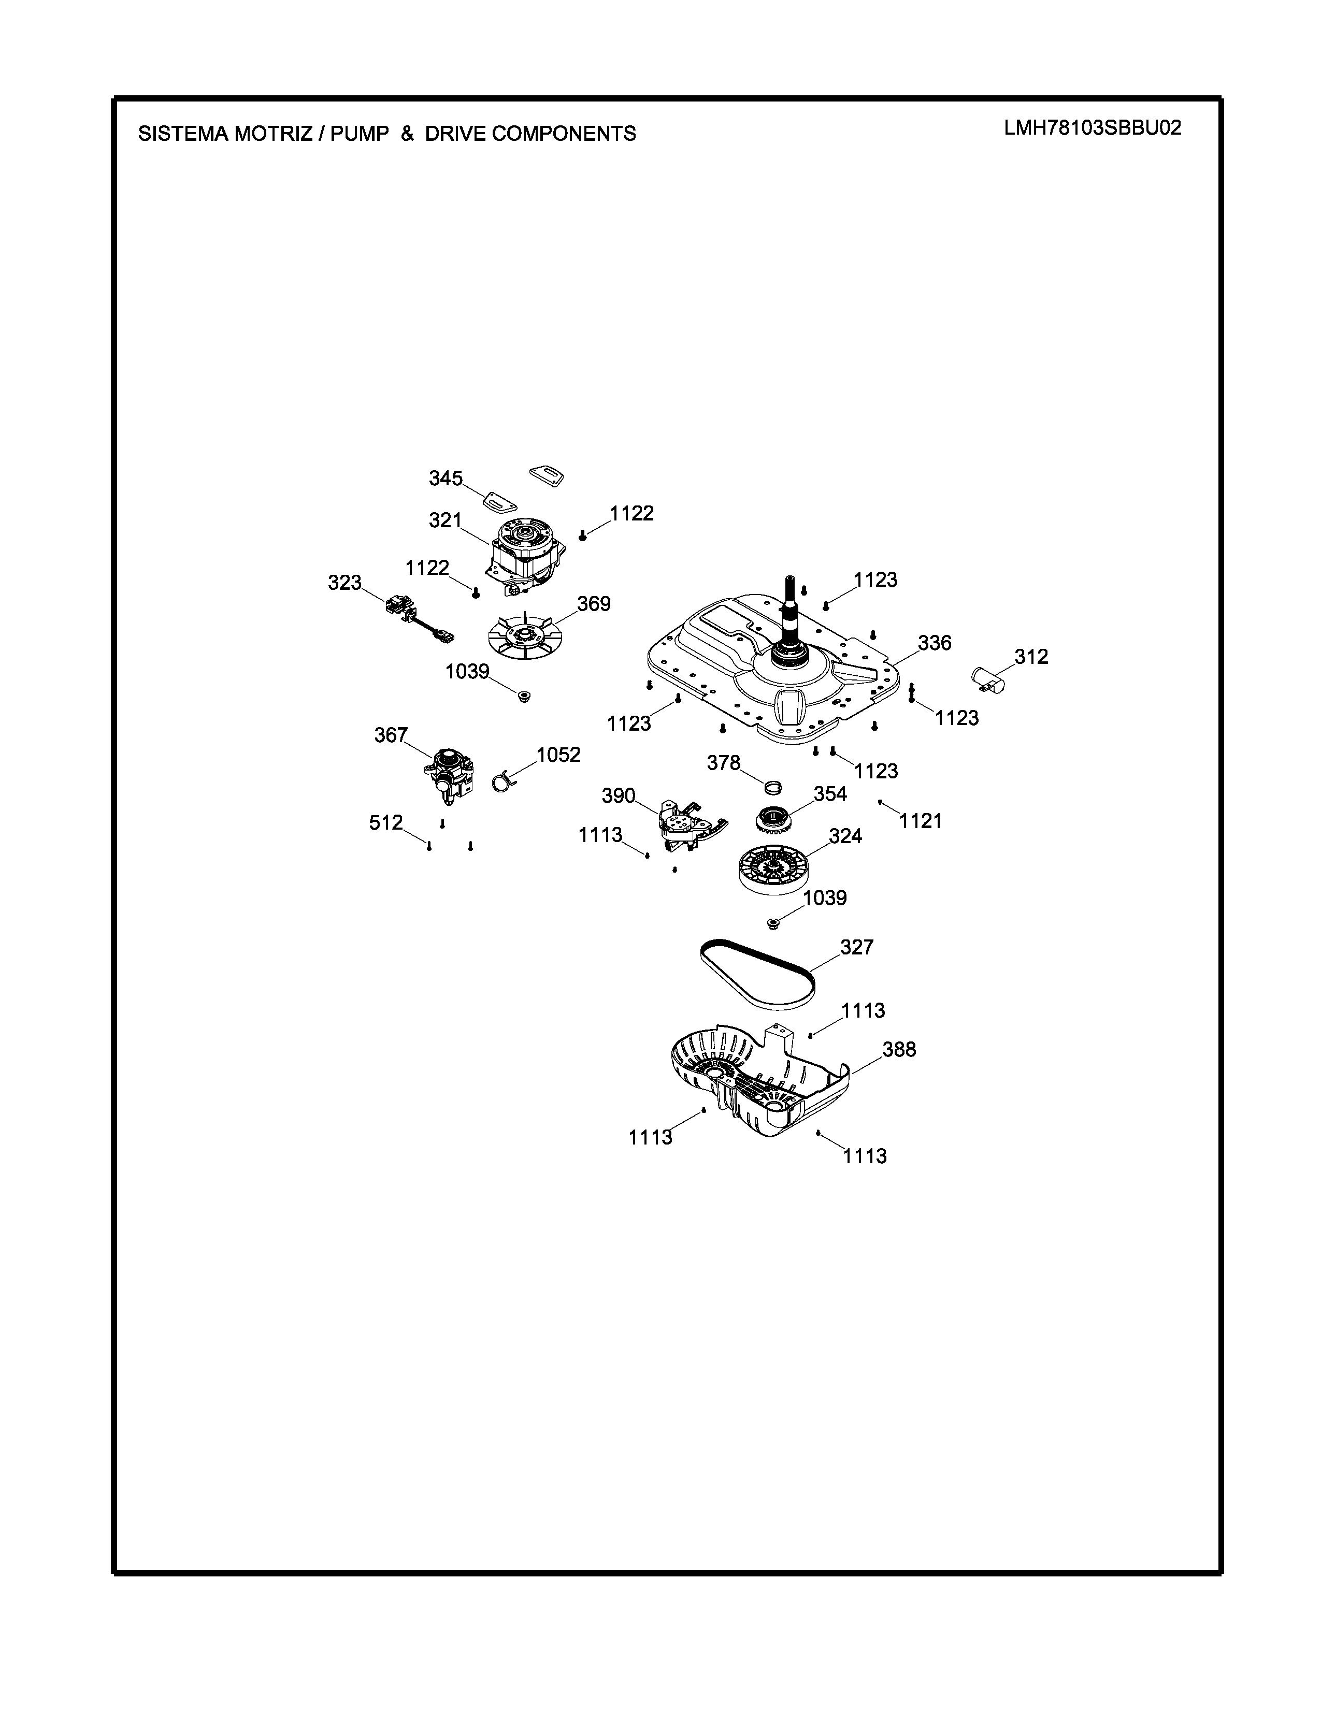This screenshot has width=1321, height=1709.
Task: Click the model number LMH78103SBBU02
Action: (x=1093, y=127)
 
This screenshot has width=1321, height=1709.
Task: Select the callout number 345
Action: (x=446, y=478)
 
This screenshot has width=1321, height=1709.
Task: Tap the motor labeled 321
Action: (x=525, y=557)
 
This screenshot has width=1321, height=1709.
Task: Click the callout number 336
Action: (x=935, y=643)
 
